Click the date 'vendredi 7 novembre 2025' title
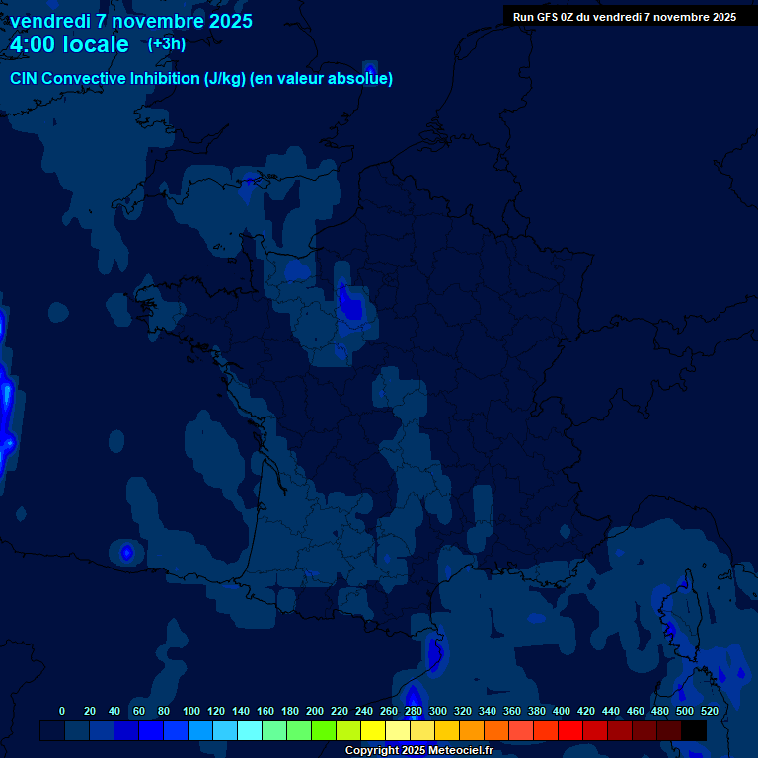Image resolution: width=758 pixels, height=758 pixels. point(130,21)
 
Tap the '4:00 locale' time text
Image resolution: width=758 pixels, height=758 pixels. point(69,44)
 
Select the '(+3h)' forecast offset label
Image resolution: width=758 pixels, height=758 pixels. point(167,44)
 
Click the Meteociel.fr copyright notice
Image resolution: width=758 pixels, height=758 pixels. point(418,751)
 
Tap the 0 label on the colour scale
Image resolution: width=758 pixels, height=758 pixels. point(62,711)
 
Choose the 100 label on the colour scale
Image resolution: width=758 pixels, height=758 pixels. point(191,711)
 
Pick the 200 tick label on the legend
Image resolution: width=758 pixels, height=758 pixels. point(315,711)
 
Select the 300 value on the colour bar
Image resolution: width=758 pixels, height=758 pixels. point(438,711)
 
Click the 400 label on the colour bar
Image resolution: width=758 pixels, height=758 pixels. point(562,711)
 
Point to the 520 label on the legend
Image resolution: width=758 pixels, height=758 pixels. point(709,711)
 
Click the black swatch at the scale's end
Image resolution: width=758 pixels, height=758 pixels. point(694,730)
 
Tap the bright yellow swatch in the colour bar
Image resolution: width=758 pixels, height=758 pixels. point(373,730)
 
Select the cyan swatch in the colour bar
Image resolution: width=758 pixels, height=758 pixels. point(250,730)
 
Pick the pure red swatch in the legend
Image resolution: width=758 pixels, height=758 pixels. point(570,730)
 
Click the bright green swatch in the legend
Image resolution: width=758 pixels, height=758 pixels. point(324,730)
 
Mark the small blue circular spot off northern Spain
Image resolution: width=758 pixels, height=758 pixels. point(126,553)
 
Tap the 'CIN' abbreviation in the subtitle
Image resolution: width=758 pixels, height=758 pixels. point(25,78)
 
